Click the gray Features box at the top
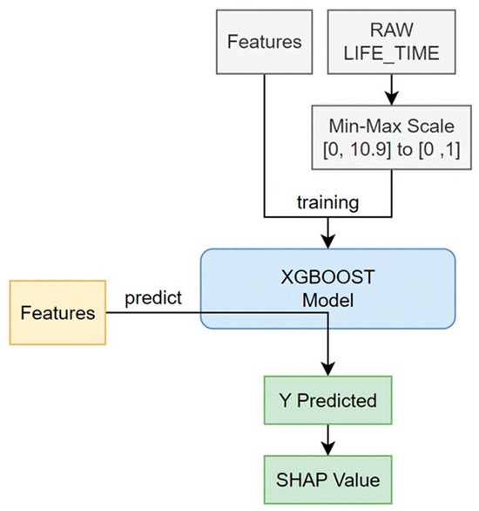264,42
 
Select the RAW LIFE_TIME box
391,42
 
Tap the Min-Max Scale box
391,137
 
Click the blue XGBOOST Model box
327,289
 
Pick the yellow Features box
57,312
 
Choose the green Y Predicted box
327,400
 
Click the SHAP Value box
327,480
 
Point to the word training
327,202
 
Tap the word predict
153,298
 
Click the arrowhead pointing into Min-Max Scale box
391,99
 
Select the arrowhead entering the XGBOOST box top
327,242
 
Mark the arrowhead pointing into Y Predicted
327,370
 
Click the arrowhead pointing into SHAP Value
327,449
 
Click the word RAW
391,30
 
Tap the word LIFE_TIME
391,53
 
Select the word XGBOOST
327,277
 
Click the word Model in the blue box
327,301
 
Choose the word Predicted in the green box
337,400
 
